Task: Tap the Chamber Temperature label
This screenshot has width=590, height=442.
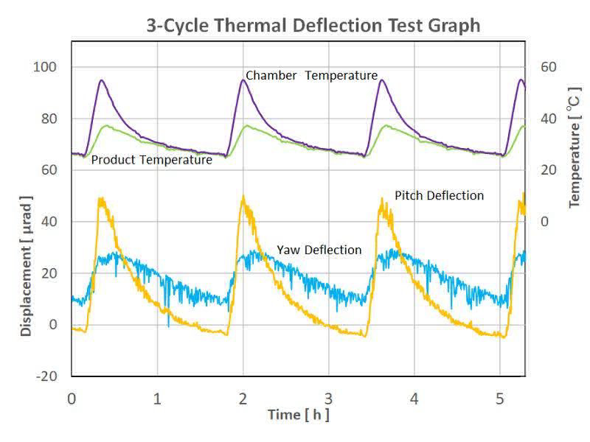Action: point(311,75)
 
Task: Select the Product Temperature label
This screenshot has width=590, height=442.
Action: point(152,159)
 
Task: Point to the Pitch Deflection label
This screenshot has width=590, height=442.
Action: point(439,195)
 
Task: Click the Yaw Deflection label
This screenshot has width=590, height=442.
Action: point(319,250)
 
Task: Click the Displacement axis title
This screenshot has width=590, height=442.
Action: point(27,266)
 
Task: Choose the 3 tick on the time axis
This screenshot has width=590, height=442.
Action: point(328,399)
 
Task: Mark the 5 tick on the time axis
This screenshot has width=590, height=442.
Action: point(500,399)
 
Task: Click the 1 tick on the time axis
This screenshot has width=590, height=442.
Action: point(157,399)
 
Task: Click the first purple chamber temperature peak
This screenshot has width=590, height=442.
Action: point(101,80)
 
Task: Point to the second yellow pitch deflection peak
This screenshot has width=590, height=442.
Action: point(243,197)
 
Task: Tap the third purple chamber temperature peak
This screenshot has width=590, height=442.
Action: point(381,80)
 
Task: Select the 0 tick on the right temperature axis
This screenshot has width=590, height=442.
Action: point(544,222)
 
